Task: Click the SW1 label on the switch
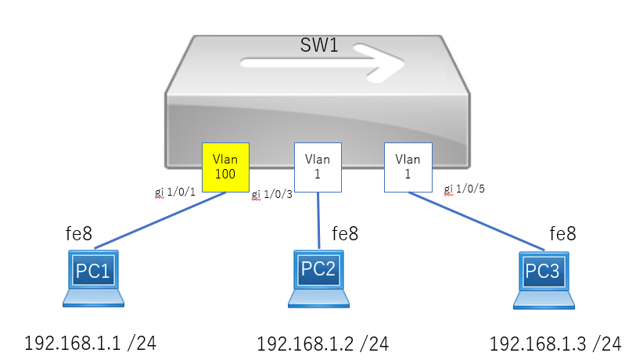[319, 45]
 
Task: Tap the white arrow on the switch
[322, 63]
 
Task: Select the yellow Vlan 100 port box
[225, 167]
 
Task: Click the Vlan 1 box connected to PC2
[318, 167]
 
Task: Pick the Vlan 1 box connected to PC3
[408, 167]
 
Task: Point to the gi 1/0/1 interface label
[175, 192]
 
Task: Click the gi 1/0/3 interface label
[272, 194]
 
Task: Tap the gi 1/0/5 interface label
[464, 189]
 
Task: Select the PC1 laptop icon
[94, 279]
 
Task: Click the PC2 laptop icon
[318, 279]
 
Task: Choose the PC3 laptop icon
[544, 279]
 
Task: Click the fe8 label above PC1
[79, 233]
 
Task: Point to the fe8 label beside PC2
[345, 233]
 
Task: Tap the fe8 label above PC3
[562, 233]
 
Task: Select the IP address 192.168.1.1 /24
[90, 343]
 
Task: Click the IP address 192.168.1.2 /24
[323, 344]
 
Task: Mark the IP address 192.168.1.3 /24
[555, 344]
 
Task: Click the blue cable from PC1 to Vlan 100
[160, 220]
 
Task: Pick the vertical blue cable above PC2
[318, 221]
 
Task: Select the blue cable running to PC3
[476, 221]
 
